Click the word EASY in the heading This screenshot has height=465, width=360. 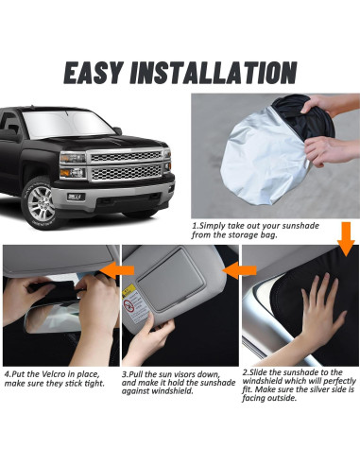click(94, 73)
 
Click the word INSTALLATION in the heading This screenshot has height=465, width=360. click(214, 73)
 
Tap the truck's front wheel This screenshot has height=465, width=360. click(41, 203)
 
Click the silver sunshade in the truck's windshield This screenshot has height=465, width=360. click(67, 124)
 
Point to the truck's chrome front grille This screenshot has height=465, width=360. click(126, 165)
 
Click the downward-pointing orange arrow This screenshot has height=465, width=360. click(346, 239)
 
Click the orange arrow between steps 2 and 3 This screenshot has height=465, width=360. click(239, 270)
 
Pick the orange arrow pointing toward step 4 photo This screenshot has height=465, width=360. click(117, 270)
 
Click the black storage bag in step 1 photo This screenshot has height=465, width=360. click(304, 118)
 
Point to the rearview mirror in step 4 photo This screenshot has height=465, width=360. click(55, 317)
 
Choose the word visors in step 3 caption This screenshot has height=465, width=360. click(187, 375)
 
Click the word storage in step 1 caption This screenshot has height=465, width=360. click(241, 235)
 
